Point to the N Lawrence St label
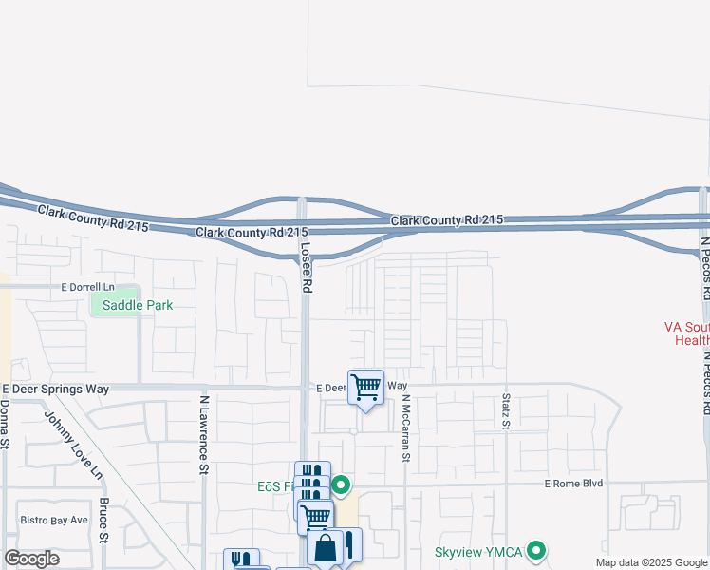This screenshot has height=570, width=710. coord(204,433)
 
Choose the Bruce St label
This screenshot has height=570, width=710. coord(104,522)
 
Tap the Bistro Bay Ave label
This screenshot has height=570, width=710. coord(54,520)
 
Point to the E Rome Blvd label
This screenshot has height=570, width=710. coord(573,484)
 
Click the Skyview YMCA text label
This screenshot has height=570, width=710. coord(479,551)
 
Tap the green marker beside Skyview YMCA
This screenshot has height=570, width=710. coord(537,551)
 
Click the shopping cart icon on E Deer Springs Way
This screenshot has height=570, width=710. coord(366,387)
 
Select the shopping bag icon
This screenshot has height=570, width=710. coord(325,548)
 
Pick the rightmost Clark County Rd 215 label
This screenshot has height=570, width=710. coord(447,220)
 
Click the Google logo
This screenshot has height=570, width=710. coord(31,559)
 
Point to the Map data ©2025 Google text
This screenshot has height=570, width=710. coord(650,562)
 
